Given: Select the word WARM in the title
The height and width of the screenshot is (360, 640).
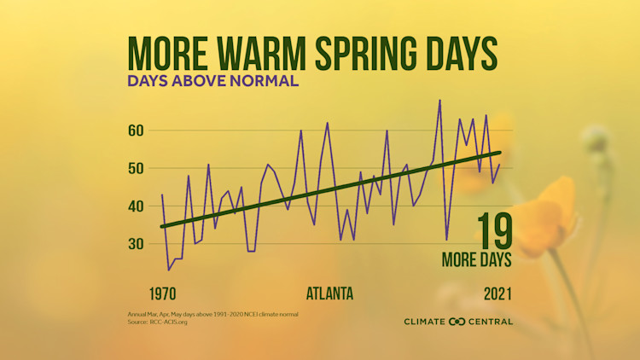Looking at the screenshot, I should [x=264, y=53].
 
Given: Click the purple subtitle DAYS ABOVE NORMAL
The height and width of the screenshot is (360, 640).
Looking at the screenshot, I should [x=212, y=82].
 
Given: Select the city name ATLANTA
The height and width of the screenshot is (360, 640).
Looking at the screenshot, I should [x=329, y=294].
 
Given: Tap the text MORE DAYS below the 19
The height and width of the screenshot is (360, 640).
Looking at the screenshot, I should [x=476, y=258].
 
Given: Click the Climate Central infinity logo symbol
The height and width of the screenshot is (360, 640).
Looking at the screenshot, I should [x=457, y=322].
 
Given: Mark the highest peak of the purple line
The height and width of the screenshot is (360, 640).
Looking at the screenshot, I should [x=439, y=100].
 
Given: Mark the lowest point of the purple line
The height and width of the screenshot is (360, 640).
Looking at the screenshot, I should [x=169, y=270].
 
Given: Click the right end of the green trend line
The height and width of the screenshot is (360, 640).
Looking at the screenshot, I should [x=500, y=153].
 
